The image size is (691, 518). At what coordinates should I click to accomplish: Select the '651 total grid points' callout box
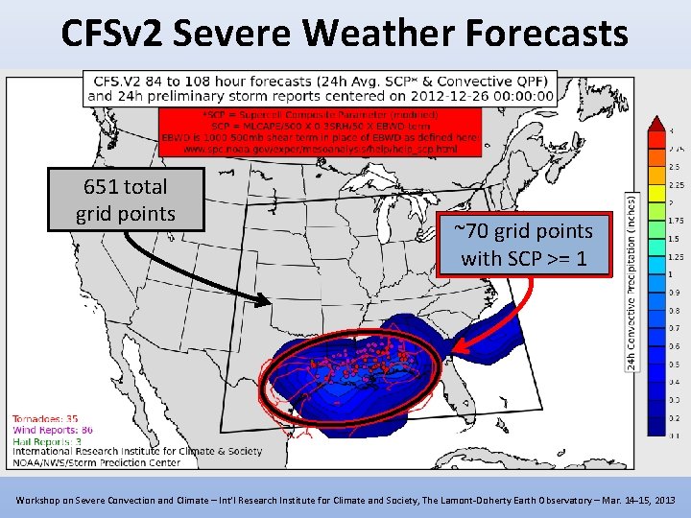click(126, 200)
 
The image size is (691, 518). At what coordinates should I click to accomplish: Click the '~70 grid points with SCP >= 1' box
click(523, 244)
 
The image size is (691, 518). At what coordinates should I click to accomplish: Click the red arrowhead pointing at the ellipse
click(460, 351)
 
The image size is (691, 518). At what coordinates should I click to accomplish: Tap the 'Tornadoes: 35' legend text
click(45, 418)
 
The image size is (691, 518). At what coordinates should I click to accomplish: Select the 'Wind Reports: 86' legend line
click(53, 430)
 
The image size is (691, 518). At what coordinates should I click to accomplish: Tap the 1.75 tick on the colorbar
click(674, 221)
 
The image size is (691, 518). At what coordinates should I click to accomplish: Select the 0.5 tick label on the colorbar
click(673, 364)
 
